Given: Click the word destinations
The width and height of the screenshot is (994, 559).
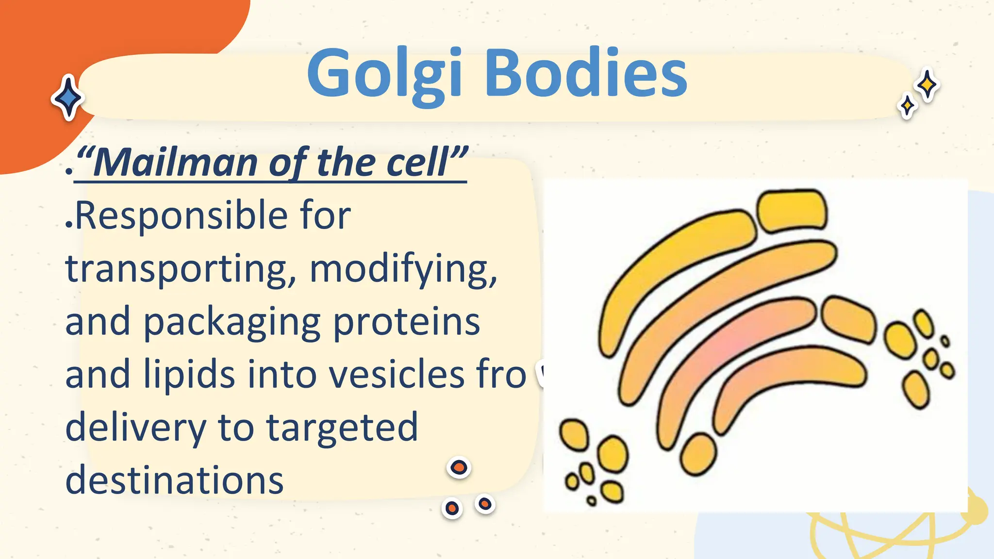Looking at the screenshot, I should pyautogui.click(x=175, y=480).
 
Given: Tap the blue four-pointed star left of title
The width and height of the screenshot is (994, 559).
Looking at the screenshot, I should pyautogui.click(x=68, y=98).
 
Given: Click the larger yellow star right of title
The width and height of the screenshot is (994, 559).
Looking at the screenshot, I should pyautogui.click(x=928, y=85).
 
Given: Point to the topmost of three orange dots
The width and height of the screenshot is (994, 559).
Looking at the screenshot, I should pyautogui.click(x=459, y=468).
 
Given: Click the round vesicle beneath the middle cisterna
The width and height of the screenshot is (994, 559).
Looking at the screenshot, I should pyautogui.click(x=698, y=454).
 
